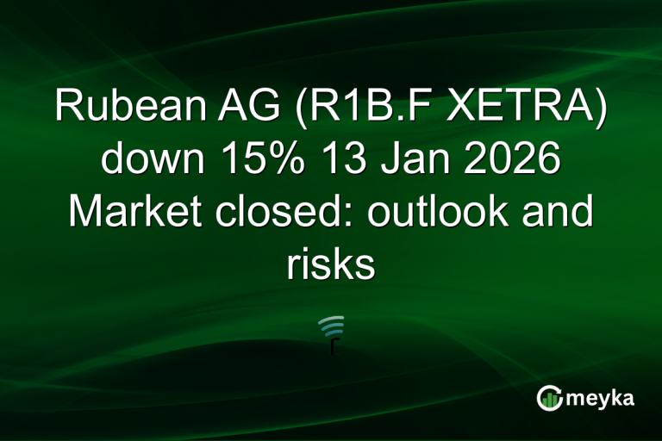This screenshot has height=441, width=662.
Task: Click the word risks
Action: click(331, 265)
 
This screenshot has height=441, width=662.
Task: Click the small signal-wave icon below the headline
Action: click(331, 331)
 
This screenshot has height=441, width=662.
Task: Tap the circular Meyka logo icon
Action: click(549, 398)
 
